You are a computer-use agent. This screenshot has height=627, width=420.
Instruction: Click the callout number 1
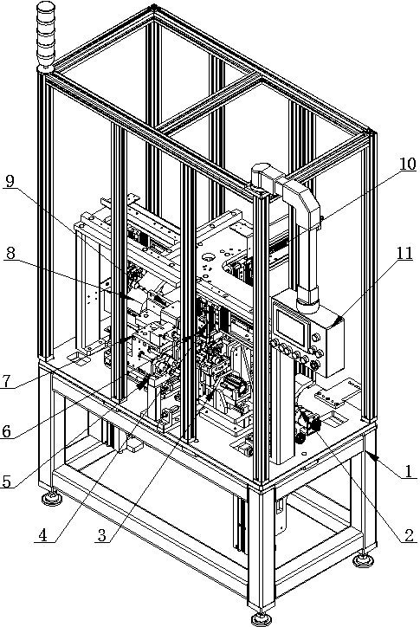[409, 471]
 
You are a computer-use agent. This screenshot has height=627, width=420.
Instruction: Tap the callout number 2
[409, 535]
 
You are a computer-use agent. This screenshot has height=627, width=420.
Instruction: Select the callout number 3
[102, 535]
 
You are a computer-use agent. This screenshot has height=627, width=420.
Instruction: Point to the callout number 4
[42, 535]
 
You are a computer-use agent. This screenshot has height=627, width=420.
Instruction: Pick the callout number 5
[6, 482]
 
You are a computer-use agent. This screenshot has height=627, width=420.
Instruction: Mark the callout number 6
[6, 431]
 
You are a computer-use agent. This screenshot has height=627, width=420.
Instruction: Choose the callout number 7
[5, 381]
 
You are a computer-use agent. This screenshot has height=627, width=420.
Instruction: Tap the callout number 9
[10, 181]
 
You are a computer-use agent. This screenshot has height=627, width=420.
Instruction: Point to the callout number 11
[404, 253]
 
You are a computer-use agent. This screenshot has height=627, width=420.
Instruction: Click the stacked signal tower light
[45, 36]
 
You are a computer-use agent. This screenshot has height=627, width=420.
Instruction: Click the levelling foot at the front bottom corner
[262, 617]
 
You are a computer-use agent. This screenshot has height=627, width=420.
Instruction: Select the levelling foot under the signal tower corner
[53, 497]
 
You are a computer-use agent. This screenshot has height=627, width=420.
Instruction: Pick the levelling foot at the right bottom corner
[364, 559]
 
